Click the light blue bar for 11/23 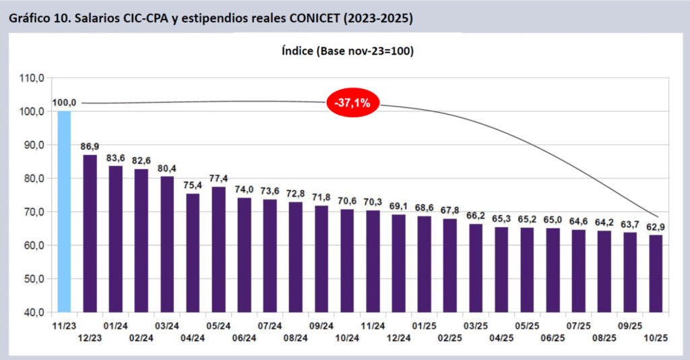pos(64,212)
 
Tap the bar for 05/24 pos(218,249)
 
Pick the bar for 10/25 pos(655,274)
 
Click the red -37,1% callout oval pos(353,103)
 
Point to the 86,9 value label pos(90,146)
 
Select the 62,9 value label pos(655,227)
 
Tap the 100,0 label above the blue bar pos(64,102)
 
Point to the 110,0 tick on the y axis pos(32,78)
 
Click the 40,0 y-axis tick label pos(32,313)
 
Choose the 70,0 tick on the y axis pos(32,212)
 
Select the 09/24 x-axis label pos(321,326)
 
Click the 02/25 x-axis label pos(450,338)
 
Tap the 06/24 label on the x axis pos(245,338)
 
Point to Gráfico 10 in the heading pos(39,18)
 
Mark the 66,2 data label pos(476,216)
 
